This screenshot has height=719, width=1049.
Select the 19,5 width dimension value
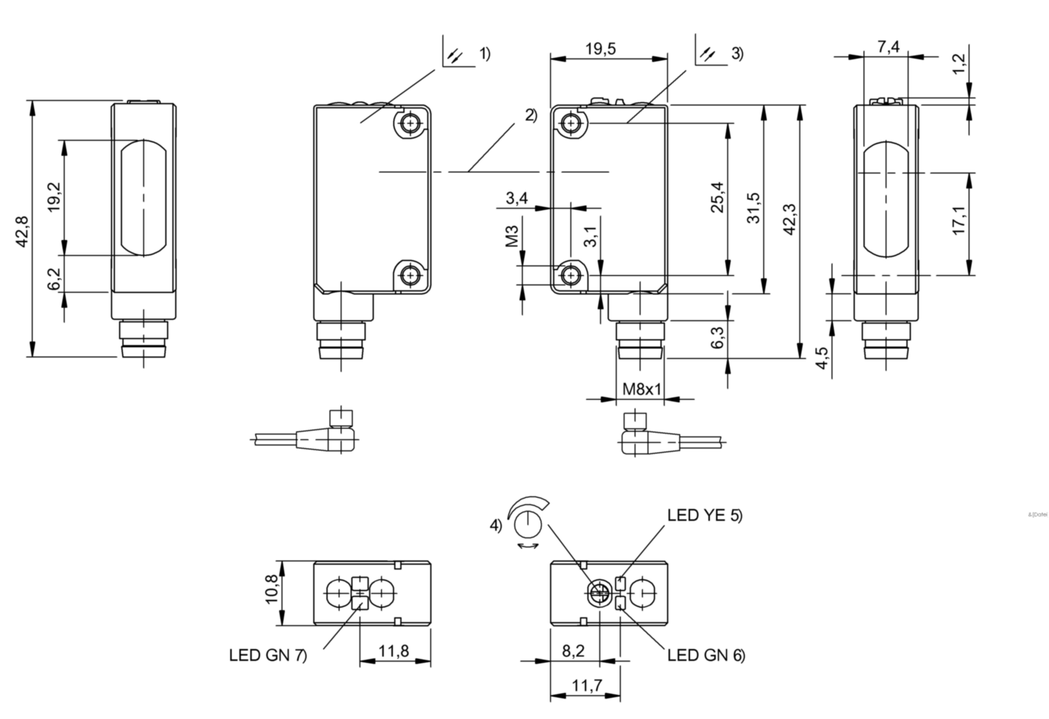coord(601,49)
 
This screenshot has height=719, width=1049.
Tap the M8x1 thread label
coord(643,389)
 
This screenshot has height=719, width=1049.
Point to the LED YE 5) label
coord(705,515)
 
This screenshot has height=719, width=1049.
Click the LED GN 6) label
coord(706,654)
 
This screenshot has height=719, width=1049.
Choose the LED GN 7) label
coord(268,655)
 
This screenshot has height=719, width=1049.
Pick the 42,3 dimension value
coord(788,219)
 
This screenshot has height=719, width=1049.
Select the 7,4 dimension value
coord(888,47)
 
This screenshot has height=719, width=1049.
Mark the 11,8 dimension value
coord(394,651)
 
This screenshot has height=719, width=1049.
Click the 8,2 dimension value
coord(574,651)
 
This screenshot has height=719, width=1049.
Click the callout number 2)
coord(531,116)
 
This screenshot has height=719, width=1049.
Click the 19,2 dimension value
coord(53,197)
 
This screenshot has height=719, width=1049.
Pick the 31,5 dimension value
coord(753,207)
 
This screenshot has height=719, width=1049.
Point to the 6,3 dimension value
coord(717,337)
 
